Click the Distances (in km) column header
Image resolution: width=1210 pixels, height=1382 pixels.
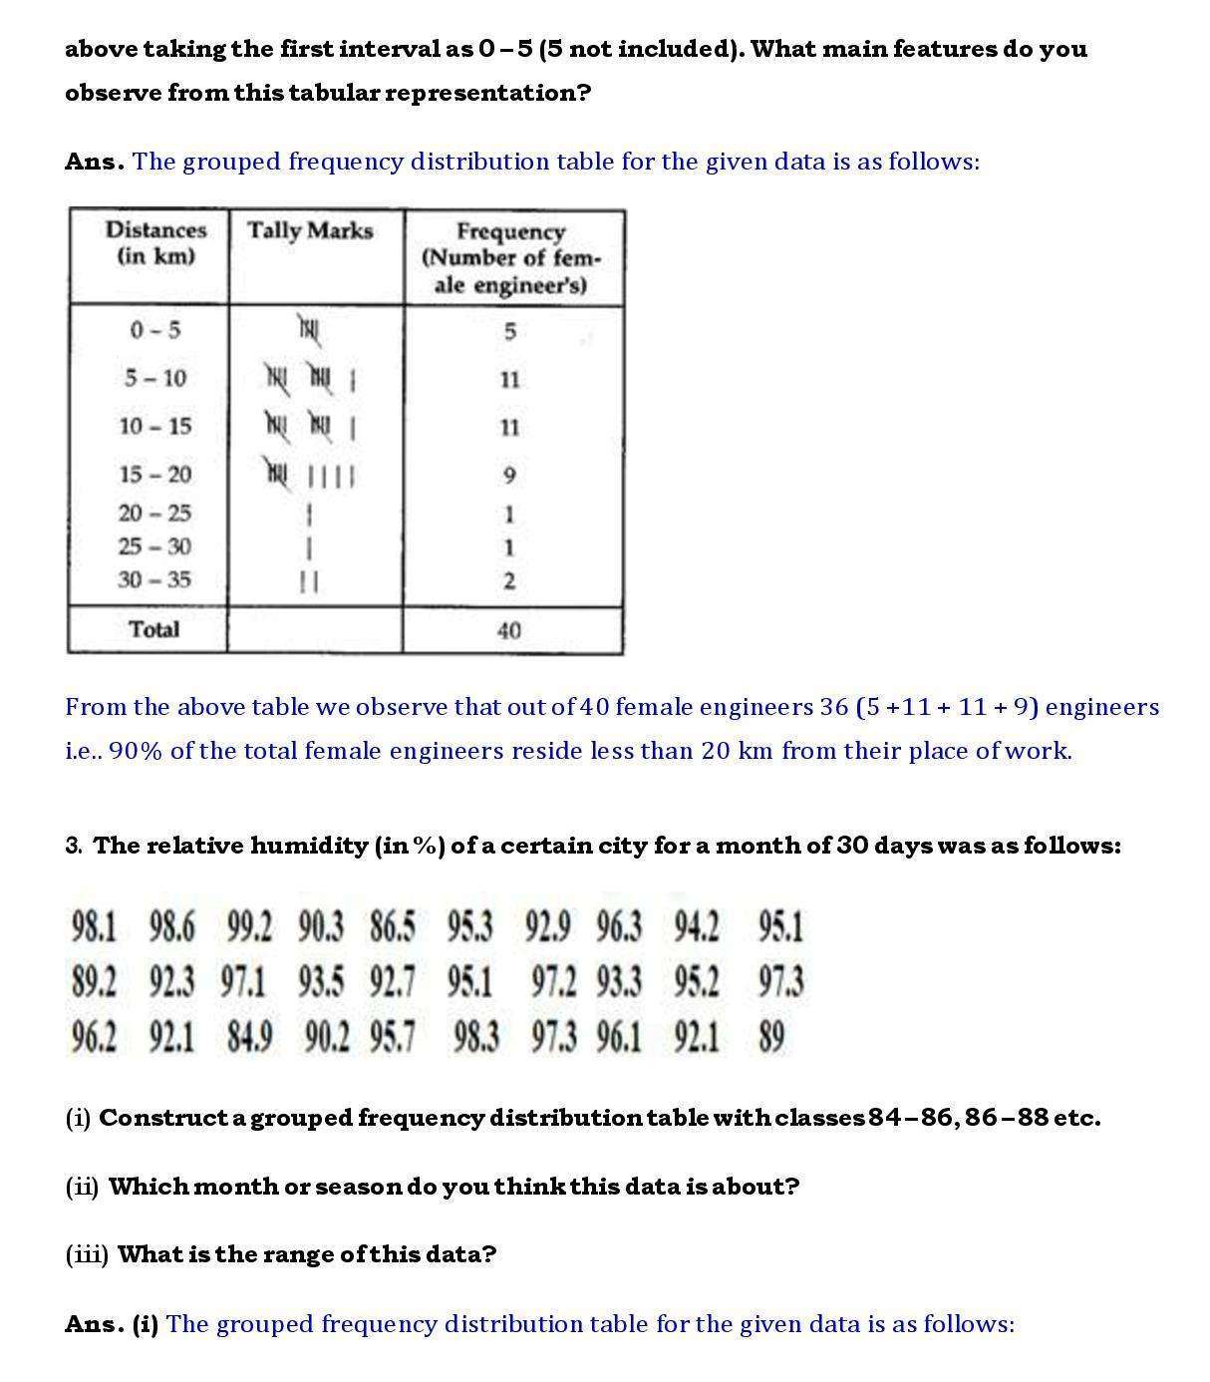pyautogui.click(x=155, y=242)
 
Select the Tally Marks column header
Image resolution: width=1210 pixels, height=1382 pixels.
pyautogui.click(x=310, y=230)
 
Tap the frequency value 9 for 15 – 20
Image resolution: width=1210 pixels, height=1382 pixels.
pyautogui.click(x=509, y=475)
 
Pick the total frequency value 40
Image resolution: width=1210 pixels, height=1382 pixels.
pyautogui.click(x=508, y=630)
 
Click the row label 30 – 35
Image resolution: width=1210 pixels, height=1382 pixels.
pyautogui.click(x=154, y=579)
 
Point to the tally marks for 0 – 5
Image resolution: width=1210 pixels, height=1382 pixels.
pyautogui.click(x=309, y=328)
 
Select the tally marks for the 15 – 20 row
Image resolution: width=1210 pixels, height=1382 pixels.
pyautogui.click(x=310, y=474)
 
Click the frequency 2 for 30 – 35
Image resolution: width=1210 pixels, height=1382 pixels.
pyautogui.click(x=509, y=580)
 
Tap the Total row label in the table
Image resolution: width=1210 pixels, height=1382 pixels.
pyautogui.click(x=154, y=629)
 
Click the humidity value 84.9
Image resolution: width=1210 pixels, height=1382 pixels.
pyautogui.click(x=249, y=1037)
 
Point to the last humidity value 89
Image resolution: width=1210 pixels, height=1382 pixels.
pyautogui.click(x=771, y=1037)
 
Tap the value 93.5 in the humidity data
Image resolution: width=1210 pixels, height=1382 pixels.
pyautogui.click(x=320, y=982)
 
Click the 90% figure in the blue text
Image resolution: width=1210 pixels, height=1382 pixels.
pyautogui.click(x=136, y=751)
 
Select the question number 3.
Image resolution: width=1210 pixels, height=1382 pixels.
pyautogui.click(x=74, y=846)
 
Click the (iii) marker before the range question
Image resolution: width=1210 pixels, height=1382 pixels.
pyautogui.click(x=87, y=1254)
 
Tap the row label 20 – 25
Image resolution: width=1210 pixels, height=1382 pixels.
pyautogui.click(x=154, y=514)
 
